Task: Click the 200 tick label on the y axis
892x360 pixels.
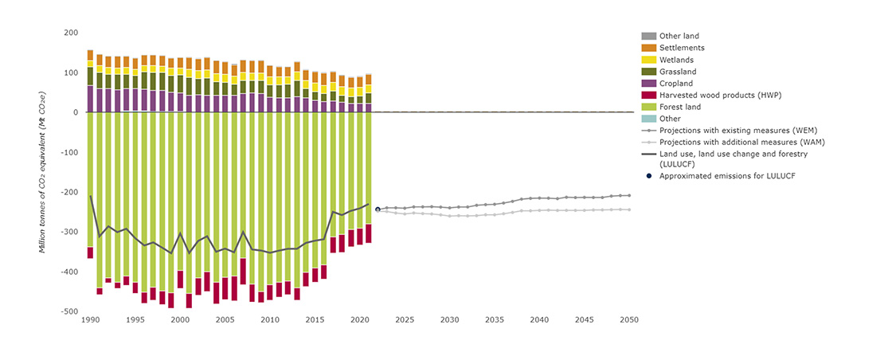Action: (71, 33)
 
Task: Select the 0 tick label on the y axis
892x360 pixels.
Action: (75, 112)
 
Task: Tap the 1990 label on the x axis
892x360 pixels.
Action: (90, 320)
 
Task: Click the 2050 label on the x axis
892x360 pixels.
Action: (629, 320)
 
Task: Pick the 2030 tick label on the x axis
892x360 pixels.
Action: (450, 320)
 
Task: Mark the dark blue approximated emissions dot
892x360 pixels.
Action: (378, 209)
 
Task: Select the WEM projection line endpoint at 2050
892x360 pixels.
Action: (629, 195)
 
